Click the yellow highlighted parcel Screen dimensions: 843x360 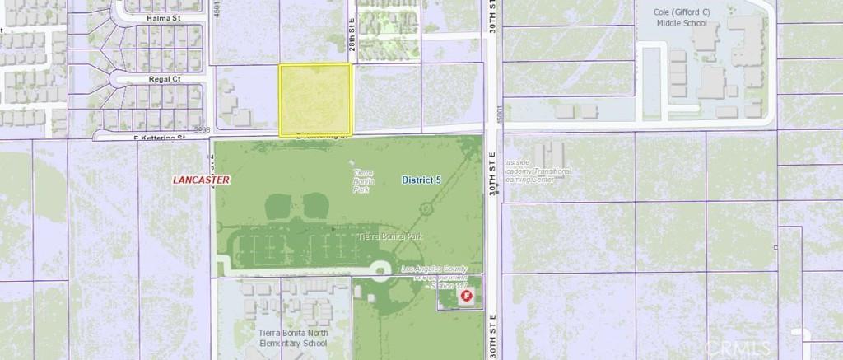(x=315, y=99)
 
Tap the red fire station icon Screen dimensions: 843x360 (x=467, y=295)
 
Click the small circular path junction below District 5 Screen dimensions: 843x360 (x=425, y=208)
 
